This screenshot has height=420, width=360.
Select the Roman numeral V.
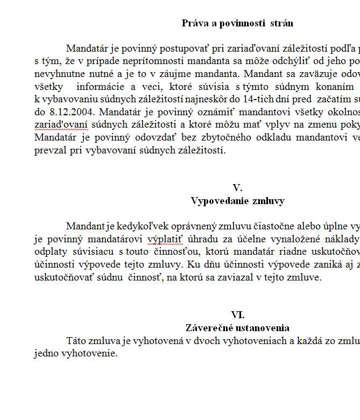pos(237,188)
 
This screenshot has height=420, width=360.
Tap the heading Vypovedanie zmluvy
pos(237,201)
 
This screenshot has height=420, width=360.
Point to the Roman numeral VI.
pos(237,315)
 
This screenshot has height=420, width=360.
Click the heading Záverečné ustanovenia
pos(237,328)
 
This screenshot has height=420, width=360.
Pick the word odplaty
pos(49,252)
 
